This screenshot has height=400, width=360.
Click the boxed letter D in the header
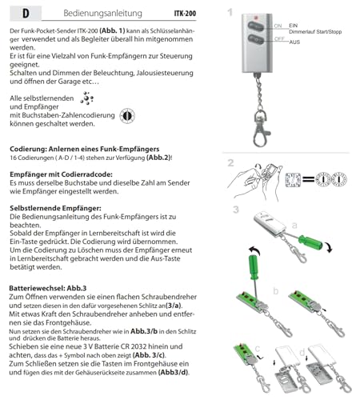25,14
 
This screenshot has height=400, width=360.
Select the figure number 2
230,162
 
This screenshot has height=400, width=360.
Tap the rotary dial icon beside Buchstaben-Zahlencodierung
126,116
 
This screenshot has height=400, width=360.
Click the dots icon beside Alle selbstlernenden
89,98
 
